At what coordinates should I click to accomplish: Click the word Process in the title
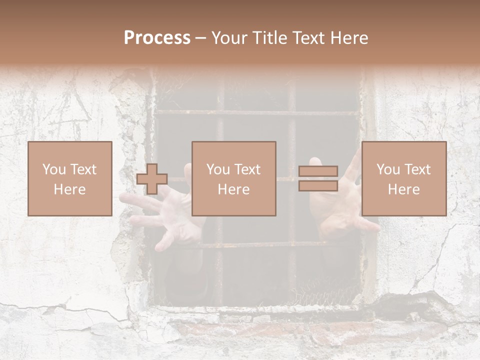click(x=157, y=38)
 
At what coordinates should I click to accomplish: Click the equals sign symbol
click(x=318, y=178)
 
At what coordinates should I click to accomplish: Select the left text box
click(x=70, y=178)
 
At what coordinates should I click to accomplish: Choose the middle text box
click(x=233, y=178)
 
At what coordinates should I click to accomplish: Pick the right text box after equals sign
click(x=403, y=178)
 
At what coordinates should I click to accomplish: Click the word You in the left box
click(x=53, y=169)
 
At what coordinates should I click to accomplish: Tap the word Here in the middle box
click(x=233, y=189)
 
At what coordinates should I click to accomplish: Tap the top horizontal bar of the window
click(x=255, y=112)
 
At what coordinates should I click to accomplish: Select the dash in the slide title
click(x=201, y=38)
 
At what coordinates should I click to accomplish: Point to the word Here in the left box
click(x=69, y=189)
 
